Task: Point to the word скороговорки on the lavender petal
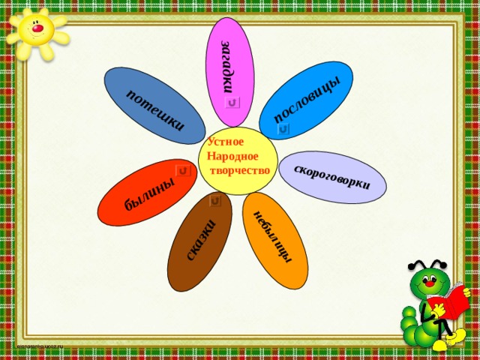[x=332, y=177]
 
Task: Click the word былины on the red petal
[x=150, y=193]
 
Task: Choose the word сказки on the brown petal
[x=201, y=241]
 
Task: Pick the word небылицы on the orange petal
[x=273, y=237]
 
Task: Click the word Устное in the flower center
[x=226, y=142]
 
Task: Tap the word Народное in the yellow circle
[x=232, y=157]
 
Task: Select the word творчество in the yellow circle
[x=240, y=170]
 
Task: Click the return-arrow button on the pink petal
[x=232, y=103]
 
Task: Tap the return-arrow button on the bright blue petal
[x=283, y=130]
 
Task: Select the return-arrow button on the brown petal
[x=215, y=201]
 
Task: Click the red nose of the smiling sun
[x=38, y=28]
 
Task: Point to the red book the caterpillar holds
[x=449, y=301]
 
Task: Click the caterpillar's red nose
[x=430, y=283]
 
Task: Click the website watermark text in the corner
[x=40, y=346]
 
